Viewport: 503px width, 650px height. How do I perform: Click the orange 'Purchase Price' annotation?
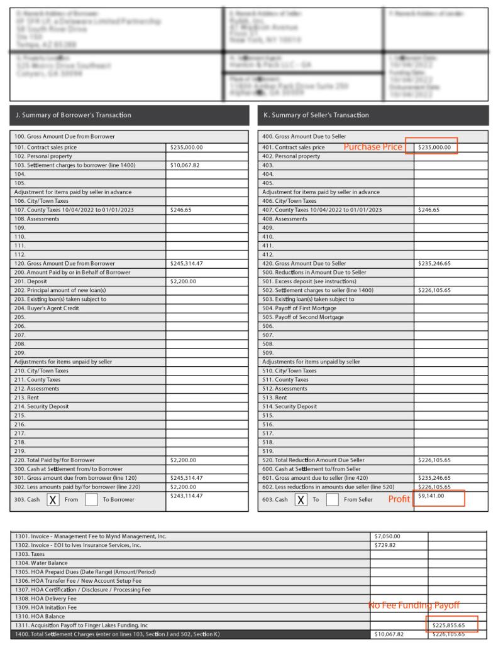[372, 147]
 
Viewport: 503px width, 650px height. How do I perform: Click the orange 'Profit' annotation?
[399, 499]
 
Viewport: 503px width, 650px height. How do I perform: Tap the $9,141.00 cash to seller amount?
[431, 497]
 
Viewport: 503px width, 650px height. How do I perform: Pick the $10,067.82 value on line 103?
[185, 165]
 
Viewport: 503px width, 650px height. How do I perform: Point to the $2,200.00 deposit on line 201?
[183, 281]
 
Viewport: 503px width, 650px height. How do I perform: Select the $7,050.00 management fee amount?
[387, 536]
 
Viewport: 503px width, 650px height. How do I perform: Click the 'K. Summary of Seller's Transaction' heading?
[316, 115]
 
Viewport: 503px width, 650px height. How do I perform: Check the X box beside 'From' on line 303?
[53, 500]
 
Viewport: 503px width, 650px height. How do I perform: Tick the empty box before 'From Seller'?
[333, 500]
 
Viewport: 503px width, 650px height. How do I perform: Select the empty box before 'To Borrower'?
[92, 500]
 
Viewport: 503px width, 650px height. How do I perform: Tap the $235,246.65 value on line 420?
[434, 264]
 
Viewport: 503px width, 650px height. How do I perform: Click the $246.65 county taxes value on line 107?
[180, 210]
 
